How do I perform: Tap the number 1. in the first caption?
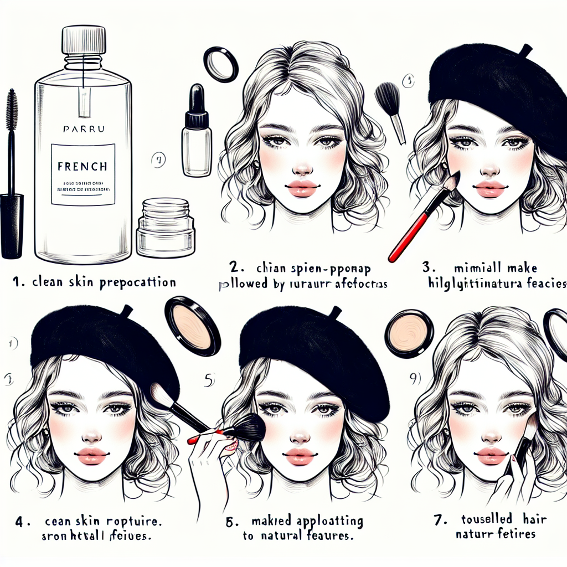coord(19,282)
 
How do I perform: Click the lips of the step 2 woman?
coord(302,188)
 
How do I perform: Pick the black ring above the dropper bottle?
coord(221,63)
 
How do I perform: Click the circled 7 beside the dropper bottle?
coord(158,161)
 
